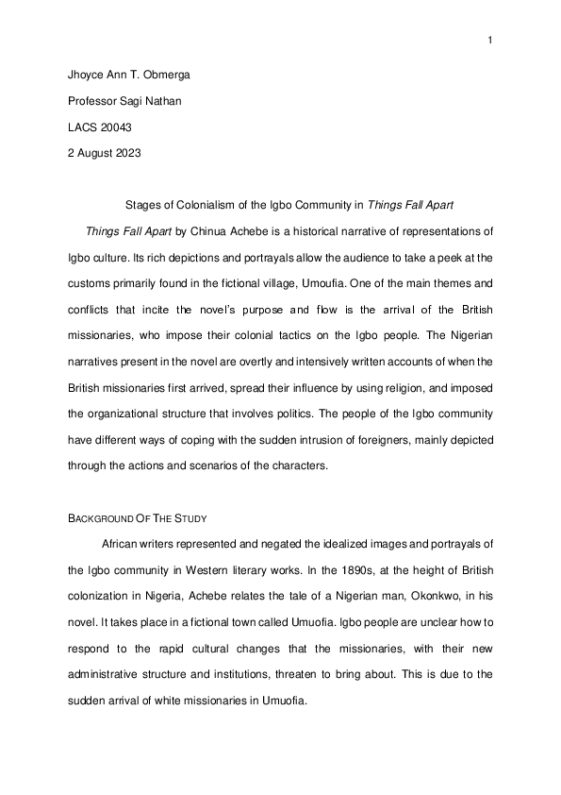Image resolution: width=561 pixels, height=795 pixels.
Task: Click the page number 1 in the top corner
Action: pos(491,40)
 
